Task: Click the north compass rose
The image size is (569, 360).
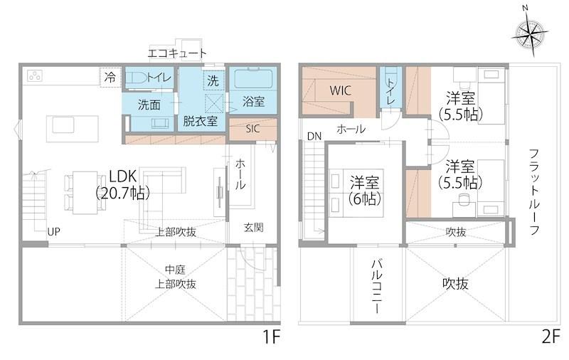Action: tap(530, 36)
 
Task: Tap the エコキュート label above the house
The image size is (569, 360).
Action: tap(177, 53)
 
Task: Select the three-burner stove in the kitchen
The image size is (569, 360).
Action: tap(35, 76)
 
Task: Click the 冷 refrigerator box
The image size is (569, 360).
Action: tap(110, 78)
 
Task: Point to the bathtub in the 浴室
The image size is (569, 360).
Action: tap(254, 79)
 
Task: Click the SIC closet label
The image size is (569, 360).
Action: tap(252, 129)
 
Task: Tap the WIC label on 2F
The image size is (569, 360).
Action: tap(341, 90)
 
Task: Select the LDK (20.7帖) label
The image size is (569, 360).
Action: tap(122, 185)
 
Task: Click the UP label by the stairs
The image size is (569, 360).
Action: tap(54, 231)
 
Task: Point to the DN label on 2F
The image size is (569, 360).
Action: tap(314, 137)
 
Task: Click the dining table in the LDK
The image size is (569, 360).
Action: tap(85, 192)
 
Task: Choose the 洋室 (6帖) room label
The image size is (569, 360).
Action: tap(364, 191)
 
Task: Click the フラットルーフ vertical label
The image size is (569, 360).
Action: tap(534, 191)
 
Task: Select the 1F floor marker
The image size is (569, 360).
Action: tap(272, 337)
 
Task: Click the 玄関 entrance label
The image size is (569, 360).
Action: tap(253, 228)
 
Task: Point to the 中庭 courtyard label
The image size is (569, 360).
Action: tap(175, 270)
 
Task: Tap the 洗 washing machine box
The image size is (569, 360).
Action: tap(213, 80)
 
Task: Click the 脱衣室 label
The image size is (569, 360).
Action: tap(200, 121)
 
